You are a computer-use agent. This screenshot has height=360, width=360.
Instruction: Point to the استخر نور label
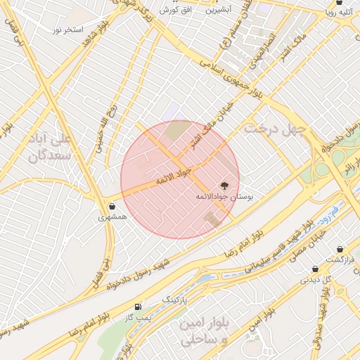tap(68, 30)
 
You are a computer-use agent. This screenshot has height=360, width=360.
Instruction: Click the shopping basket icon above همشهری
tap(113, 206)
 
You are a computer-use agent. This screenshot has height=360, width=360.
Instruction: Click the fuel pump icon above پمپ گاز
tap(137, 307)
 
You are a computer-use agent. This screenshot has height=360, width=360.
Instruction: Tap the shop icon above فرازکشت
tap(340, 249)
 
